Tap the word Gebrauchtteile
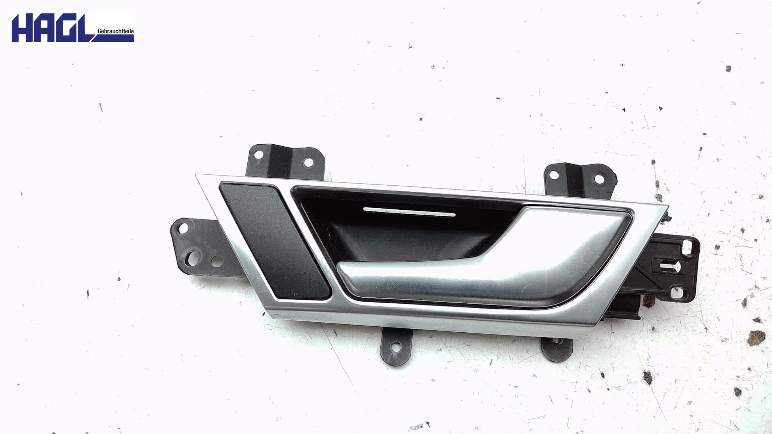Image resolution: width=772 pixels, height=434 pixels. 115,31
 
